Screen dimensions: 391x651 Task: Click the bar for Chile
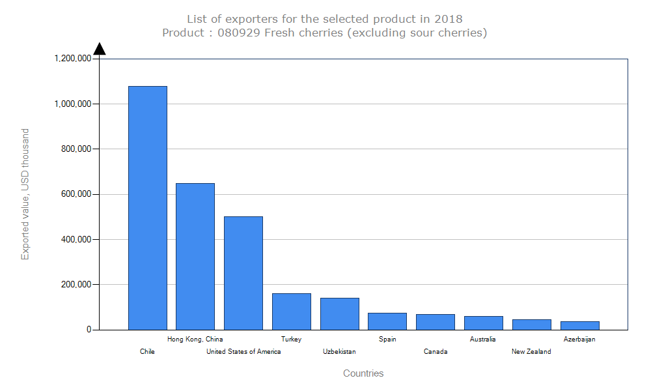click(x=148, y=208)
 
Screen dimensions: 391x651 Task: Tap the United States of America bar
click(x=243, y=273)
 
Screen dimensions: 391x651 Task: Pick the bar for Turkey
click(x=292, y=311)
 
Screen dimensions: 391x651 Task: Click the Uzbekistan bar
click(x=340, y=313)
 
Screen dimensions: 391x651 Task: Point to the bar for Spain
click(x=387, y=321)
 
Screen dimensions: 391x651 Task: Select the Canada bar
click(x=436, y=322)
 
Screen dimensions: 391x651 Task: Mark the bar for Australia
click(x=484, y=323)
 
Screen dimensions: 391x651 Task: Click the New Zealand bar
click(x=532, y=325)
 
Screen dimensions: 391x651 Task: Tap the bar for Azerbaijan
click(x=579, y=325)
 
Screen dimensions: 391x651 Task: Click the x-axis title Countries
click(x=363, y=373)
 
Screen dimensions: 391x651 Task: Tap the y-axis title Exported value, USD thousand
click(x=25, y=194)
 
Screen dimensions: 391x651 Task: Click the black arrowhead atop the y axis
click(x=99, y=49)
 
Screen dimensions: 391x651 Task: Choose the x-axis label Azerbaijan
click(x=579, y=339)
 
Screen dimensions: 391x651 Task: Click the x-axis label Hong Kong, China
click(x=195, y=339)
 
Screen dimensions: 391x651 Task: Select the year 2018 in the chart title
click(x=449, y=19)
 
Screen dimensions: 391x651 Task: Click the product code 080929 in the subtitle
click(x=232, y=33)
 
